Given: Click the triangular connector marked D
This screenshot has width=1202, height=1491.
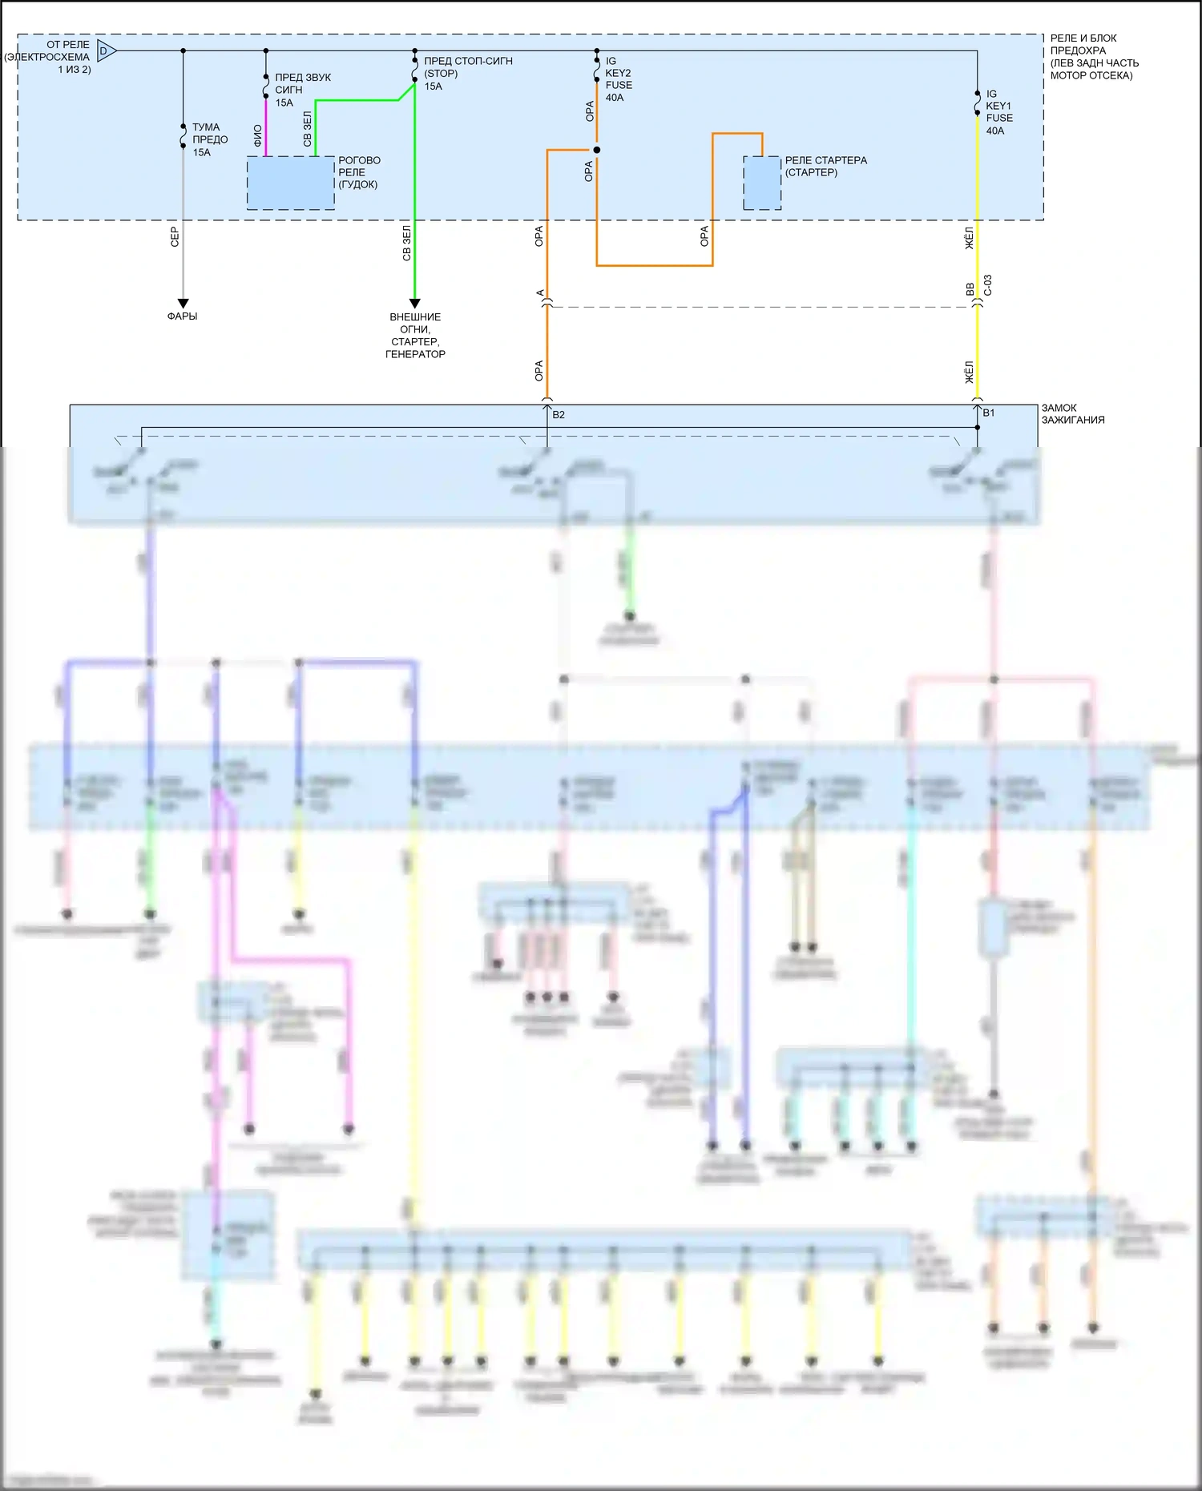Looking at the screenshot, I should [x=106, y=51].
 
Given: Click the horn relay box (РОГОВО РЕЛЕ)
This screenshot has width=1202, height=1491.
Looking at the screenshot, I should [x=290, y=183].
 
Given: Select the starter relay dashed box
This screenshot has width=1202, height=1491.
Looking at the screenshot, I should [x=762, y=183].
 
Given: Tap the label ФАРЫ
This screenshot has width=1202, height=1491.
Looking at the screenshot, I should [x=182, y=316].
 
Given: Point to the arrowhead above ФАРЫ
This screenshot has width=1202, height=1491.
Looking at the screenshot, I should [x=183, y=304].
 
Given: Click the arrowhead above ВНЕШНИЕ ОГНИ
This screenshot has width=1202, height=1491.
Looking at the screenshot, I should [x=414, y=304].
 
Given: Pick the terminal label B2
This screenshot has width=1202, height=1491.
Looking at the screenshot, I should [x=559, y=415].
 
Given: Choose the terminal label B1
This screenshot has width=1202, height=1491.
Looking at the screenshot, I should [x=989, y=413].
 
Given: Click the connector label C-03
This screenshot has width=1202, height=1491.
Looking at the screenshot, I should [x=988, y=285].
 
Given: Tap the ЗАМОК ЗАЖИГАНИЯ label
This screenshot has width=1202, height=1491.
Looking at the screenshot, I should [x=1072, y=414].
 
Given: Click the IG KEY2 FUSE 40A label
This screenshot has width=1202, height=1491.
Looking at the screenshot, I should [x=618, y=79].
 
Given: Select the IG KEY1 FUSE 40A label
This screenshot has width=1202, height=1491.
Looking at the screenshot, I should [x=998, y=112].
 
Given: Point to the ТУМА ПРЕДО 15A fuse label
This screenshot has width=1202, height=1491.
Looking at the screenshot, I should [x=209, y=139].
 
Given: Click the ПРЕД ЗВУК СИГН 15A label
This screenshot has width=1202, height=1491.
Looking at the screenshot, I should [x=302, y=90].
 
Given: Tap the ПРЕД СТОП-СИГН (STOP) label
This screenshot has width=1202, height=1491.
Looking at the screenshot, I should [x=467, y=67].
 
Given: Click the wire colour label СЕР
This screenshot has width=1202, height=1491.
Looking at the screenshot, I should [x=175, y=236].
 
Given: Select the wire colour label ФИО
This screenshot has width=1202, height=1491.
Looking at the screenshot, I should [x=257, y=135].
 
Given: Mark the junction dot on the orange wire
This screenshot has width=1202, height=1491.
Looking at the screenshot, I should [x=596, y=150].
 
